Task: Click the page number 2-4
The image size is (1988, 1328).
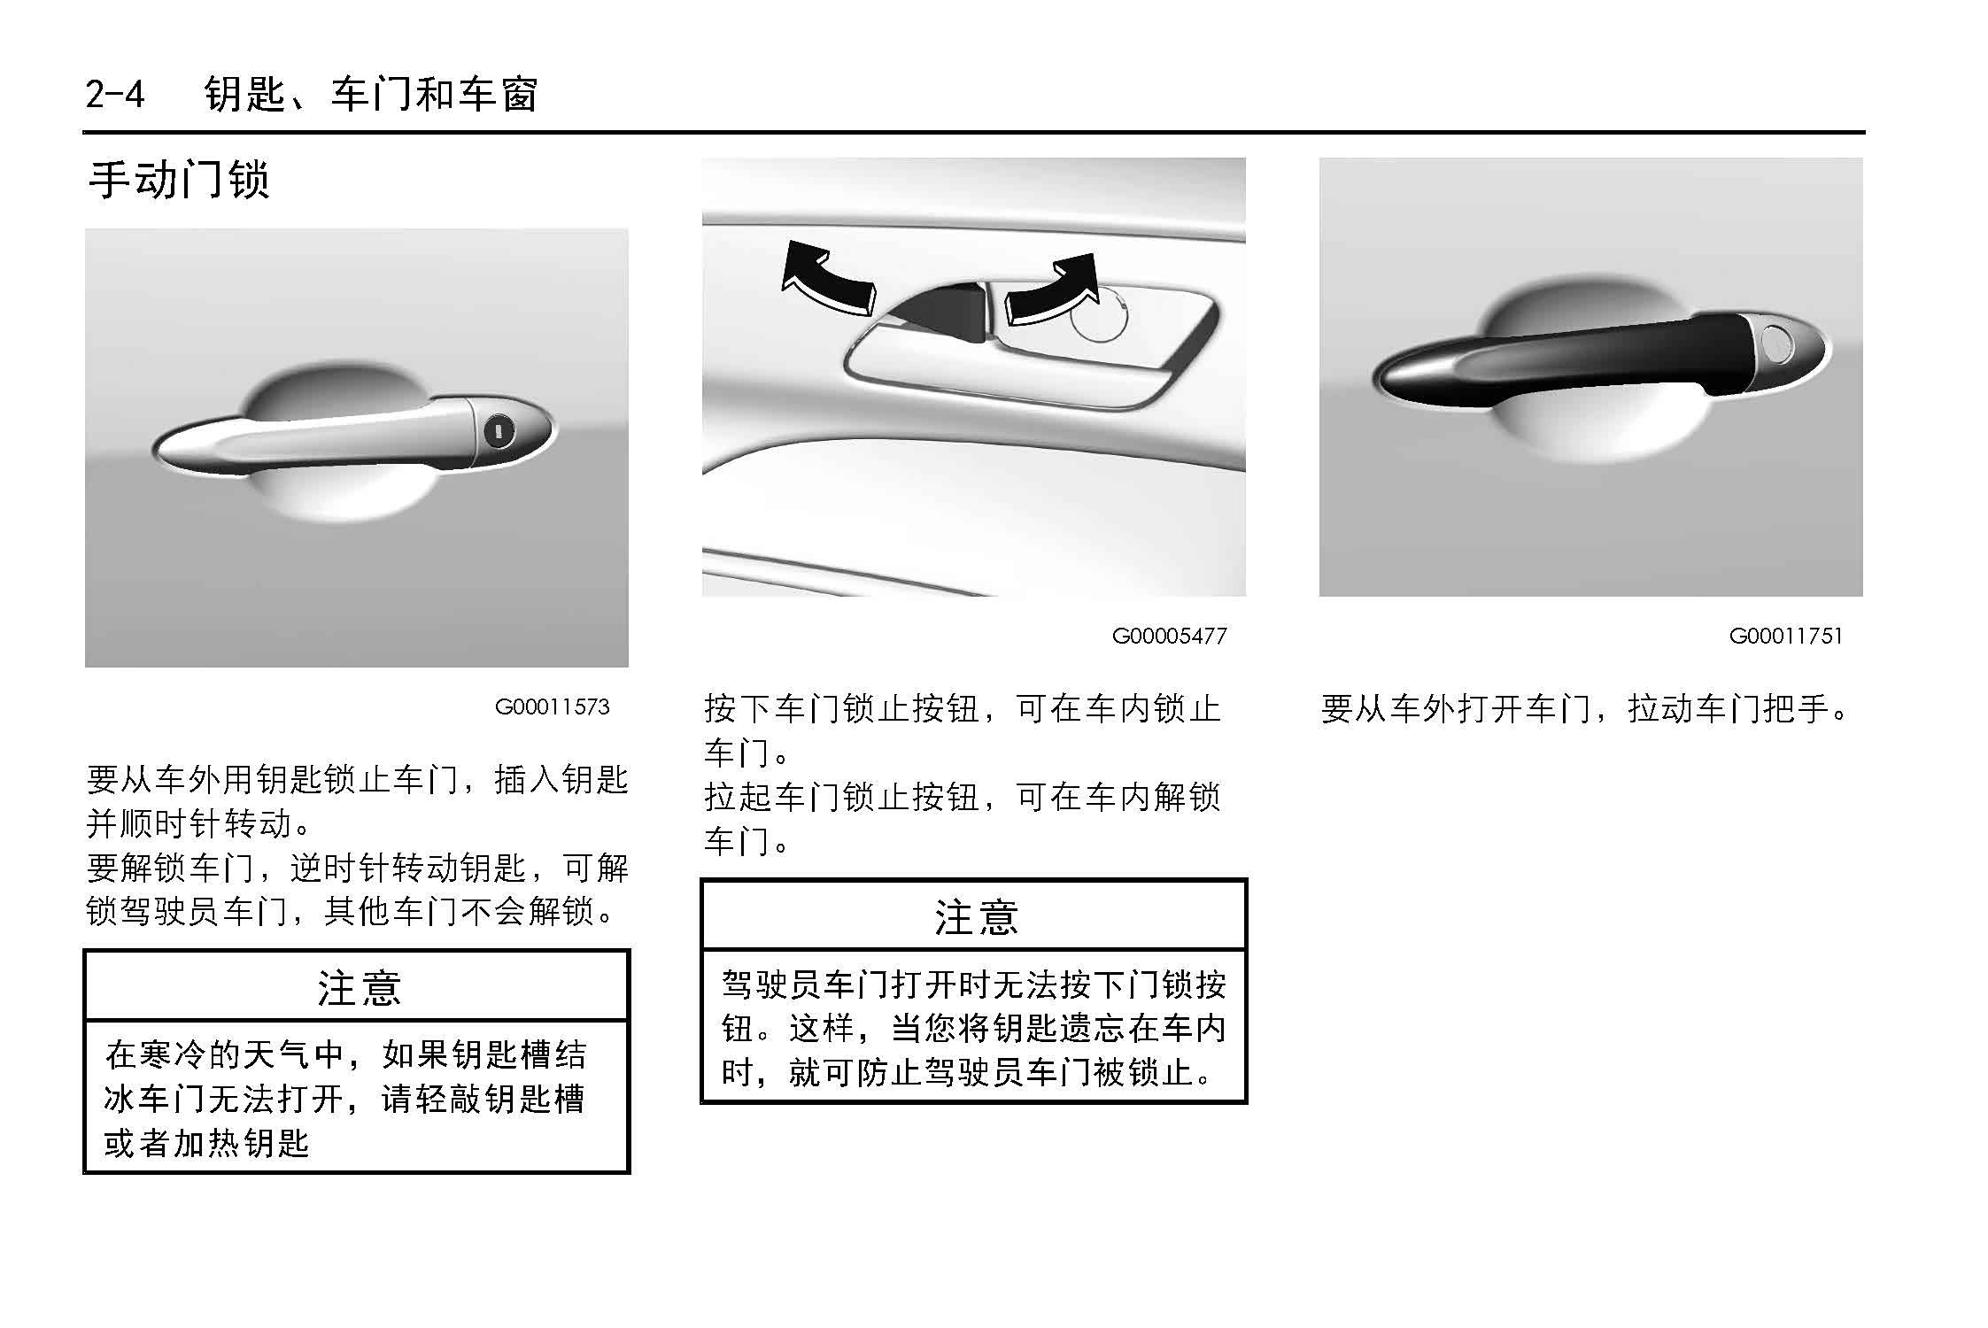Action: coord(115,93)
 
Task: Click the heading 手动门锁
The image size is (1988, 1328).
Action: coord(179,180)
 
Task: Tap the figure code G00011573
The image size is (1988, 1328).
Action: coord(552,706)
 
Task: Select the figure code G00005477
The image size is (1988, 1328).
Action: coord(1169,636)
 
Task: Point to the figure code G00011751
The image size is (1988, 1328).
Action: coord(1785,636)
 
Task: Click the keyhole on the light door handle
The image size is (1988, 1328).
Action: coord(499,433)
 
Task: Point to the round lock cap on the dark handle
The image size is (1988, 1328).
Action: coord(1775,344)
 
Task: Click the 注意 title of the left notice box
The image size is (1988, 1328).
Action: coord(359,988)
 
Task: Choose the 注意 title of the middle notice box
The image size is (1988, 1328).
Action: coord(976,917)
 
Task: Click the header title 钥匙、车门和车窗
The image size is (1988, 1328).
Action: coord(371,93)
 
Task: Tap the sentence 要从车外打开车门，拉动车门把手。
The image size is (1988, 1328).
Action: coord(1585,708)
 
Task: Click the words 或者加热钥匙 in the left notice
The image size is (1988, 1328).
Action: coord(206,1143)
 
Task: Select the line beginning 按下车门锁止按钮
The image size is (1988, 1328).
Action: coord(963,708)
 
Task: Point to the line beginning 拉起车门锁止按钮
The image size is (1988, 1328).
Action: coord(963,797)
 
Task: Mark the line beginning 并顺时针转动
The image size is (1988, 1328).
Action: coord(199,823)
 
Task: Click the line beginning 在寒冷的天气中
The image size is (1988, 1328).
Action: coord(345,1054)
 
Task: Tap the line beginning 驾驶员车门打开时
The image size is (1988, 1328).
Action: coord(974,984)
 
